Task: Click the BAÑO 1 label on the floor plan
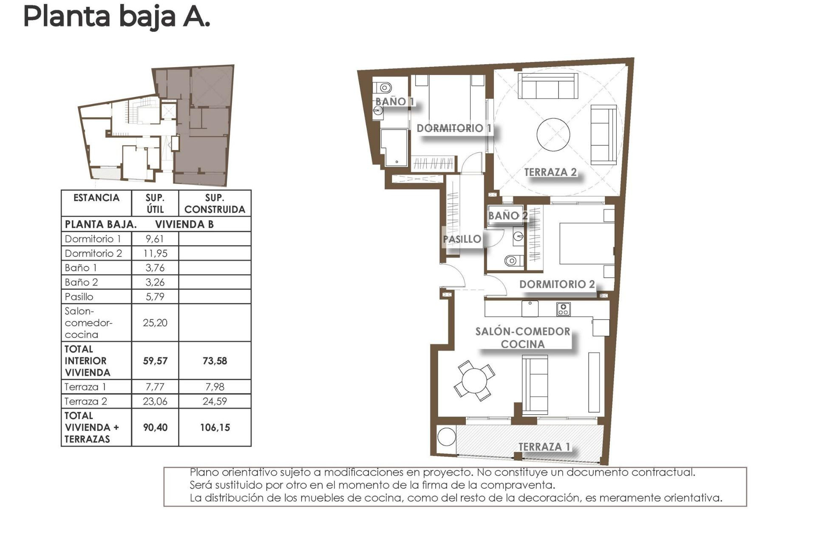pos(394,102)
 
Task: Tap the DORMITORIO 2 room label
pos(557,284)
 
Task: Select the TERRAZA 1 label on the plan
pos(544,447)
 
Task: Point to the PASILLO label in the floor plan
pos(462,239)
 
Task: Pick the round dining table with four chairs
pos(474,380)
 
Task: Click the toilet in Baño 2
pos(513,261)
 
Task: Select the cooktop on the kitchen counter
pos(563,309)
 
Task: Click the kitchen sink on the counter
pos(530,308)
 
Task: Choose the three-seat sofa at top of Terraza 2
pos(548,86)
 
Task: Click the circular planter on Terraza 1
pos(446,436)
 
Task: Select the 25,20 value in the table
pos(155,323)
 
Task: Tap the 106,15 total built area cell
pos(215,428)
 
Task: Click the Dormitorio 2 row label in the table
pos(93,254)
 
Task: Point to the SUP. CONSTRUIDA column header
pos(215,204)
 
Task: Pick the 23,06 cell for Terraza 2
pos(155,402)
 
